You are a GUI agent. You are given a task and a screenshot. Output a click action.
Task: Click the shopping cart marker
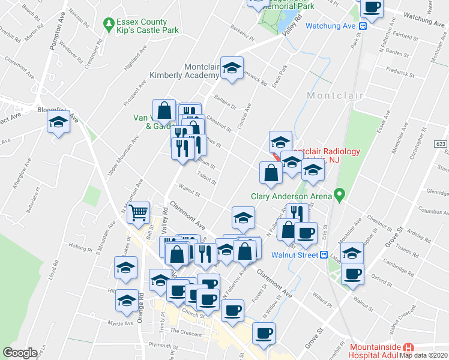click(139, 212)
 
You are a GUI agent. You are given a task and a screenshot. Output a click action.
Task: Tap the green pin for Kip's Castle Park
click(109, 25)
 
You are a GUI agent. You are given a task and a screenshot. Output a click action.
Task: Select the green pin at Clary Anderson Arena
click(340, 195)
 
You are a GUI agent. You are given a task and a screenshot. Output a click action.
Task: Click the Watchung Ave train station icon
click(363, 26)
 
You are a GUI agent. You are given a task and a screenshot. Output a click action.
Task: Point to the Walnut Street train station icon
click(324, 255)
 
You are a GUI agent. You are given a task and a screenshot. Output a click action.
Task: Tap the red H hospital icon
click(409, 347)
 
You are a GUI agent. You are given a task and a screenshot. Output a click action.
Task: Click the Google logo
click(20, 353)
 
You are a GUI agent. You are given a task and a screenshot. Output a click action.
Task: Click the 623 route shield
click(441, 144)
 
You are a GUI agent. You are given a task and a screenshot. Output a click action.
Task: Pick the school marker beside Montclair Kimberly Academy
click(231, 68)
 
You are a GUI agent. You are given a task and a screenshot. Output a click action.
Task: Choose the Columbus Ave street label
click(430, 211)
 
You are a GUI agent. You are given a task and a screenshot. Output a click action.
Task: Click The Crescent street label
click(182, 331)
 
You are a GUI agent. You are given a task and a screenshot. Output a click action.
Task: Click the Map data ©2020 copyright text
click(423, 355)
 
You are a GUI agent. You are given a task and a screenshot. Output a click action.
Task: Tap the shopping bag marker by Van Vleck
click(164, 110)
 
